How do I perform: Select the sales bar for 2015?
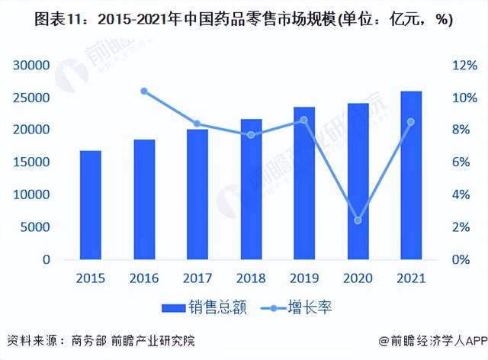pyautogui.click(x=91, y=204)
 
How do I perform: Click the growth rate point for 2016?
pyautogui.click(x=144, y=92)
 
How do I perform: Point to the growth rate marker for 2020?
pyautogui.click(x=358, y=220)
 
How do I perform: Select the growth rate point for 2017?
pyautogui.click(x=197, y=124)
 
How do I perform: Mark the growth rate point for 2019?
pyautogui.click(x=304, y=120)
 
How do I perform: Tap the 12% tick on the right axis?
pyautogui.click(x=446, y=66)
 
